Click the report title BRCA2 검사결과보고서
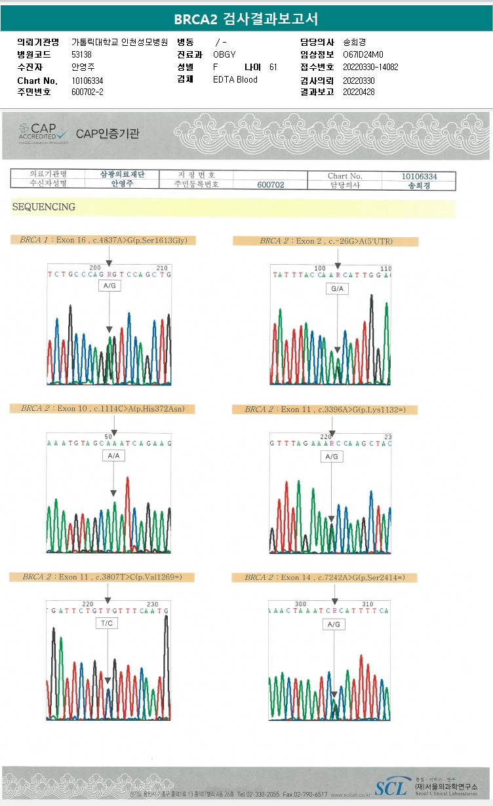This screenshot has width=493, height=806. [x=246, y=19]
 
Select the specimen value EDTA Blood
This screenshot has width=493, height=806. [x=235, y=79]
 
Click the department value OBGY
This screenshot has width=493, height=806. [x=224, y=54]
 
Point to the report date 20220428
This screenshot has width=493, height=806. [x=359, y=92]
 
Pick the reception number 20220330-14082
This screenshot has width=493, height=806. [x=370, y=67]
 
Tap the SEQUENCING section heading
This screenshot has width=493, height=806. [x=43, y=207]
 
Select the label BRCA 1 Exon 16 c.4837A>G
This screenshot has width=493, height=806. [x=104, y=240]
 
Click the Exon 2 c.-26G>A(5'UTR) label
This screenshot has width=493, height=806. [x=326, y=241]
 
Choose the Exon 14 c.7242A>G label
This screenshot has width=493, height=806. [x=325, y=577]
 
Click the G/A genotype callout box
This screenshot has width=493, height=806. [x=338, y=288]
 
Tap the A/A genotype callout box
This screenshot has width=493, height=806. [x=113, y=455]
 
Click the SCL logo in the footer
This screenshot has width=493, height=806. [x=391, y=788]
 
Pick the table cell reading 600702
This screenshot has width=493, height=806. [x=270, y=185]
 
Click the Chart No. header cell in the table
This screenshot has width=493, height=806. [x=345, y=176]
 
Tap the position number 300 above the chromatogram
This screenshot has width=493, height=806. [x=301, y=604]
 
